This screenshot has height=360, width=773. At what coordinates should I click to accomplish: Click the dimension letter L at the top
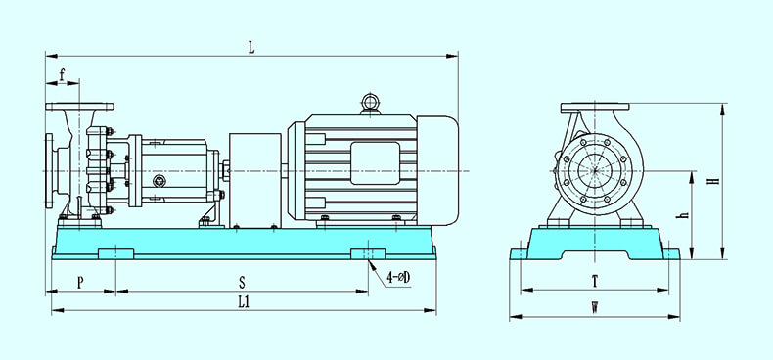coord(251,47)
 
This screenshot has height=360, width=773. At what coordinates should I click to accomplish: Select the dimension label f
coord(62,75)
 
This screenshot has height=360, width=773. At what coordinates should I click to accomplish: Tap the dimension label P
coord(81,283)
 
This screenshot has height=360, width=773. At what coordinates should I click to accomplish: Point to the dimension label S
coord(242,283)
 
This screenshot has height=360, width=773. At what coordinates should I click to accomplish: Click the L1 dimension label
coord(244,302)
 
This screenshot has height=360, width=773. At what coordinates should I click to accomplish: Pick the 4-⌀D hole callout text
coord(398,278)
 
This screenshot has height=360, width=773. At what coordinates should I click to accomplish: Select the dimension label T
coord(595,282)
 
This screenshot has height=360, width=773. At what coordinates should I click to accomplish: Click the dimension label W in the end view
coord(595,308)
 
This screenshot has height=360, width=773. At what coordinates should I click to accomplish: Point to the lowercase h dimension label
coord(684,215)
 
